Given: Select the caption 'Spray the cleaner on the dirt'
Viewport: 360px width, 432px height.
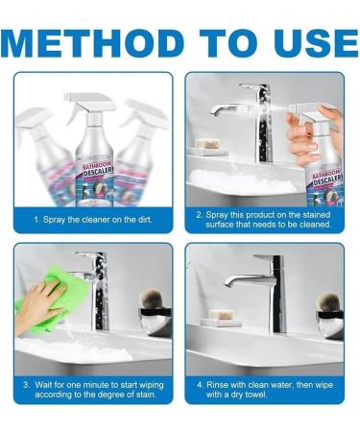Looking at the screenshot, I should coord(93,220).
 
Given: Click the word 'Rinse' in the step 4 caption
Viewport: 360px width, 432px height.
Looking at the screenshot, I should coord(217,384).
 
